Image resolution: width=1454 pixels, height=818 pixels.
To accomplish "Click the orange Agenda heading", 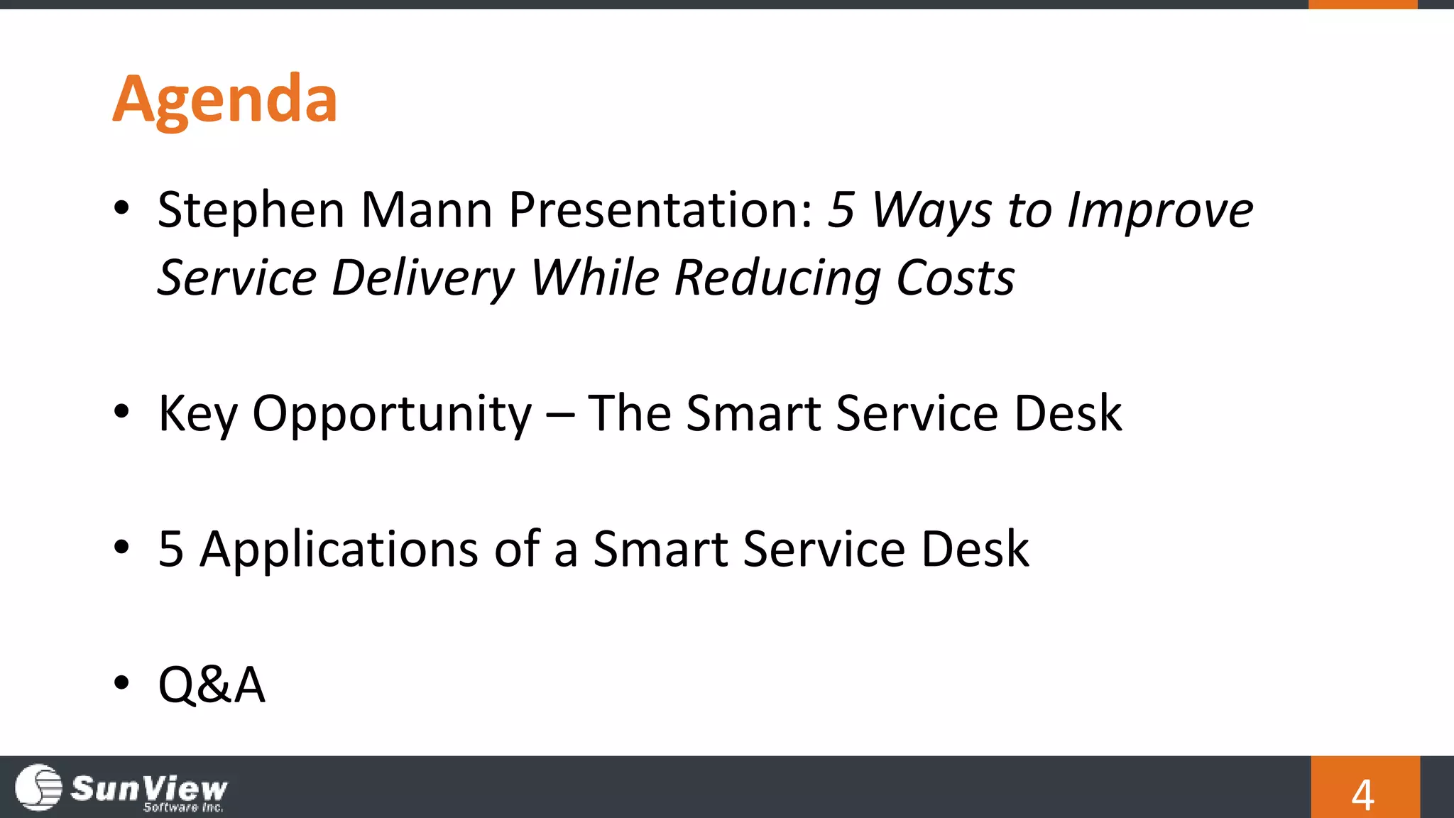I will click(x=224, y=99).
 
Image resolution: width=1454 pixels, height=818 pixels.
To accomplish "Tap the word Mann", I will click(x=426, y=210).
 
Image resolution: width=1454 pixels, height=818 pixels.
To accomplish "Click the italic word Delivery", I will click(x=422, y=278).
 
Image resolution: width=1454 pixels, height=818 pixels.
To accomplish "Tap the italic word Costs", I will click(x=955, y=278).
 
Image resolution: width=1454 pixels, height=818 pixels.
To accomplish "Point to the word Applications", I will click(x=339, y=549).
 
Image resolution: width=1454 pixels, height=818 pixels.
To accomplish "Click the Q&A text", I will click(x=212, y=685).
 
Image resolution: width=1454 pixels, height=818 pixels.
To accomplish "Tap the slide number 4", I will click(x=1362, y=795).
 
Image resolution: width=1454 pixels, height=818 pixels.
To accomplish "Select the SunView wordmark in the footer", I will click(x=149, y=787).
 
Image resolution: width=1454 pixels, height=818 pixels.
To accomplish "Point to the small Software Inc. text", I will click(x=183, y=807).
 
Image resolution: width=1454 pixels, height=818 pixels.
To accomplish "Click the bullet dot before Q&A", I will click(x=121, y=682).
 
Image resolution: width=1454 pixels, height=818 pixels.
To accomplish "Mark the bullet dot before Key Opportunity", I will click(x=121, y=411).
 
